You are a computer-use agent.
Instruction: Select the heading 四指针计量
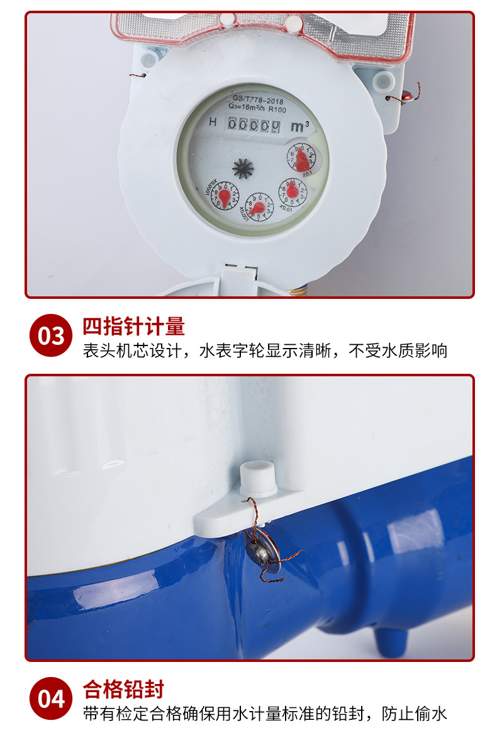pyautogui.click(x=133, y=327)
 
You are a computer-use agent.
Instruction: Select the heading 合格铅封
pyautogui.click(x=123, y=690)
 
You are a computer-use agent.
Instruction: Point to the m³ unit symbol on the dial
pyautogui.click(x=299, y=126)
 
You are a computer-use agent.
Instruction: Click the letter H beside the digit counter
pyautogui.click(x=213, y=122)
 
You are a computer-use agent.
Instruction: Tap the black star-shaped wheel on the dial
pyautogui.click(x=243, y=168)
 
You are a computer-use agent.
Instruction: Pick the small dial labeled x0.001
pyautogui.click(x=259, y=207)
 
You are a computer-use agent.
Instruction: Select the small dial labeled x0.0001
pyautogui.click(x=225, y=194)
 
